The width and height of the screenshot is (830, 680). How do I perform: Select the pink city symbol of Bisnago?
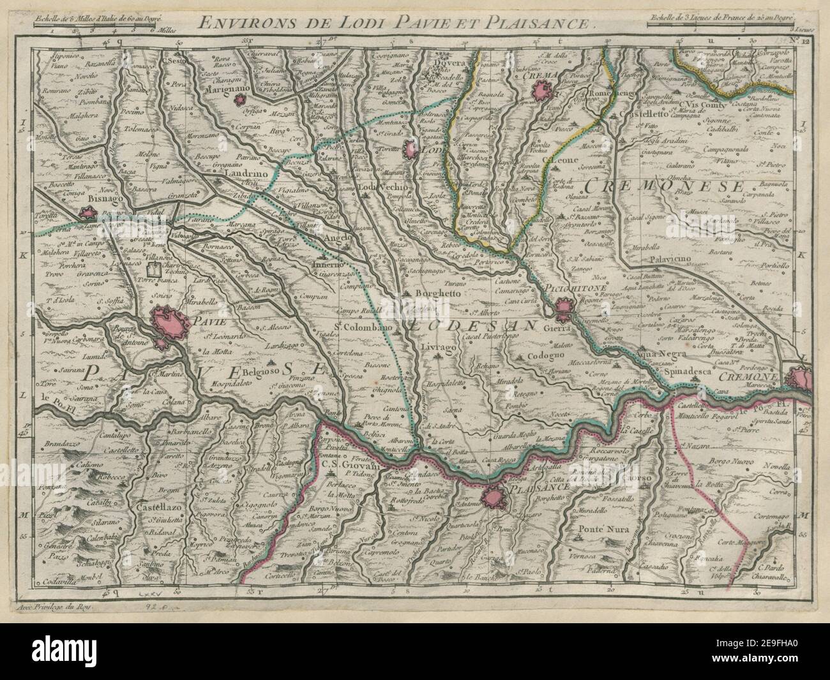87,216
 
